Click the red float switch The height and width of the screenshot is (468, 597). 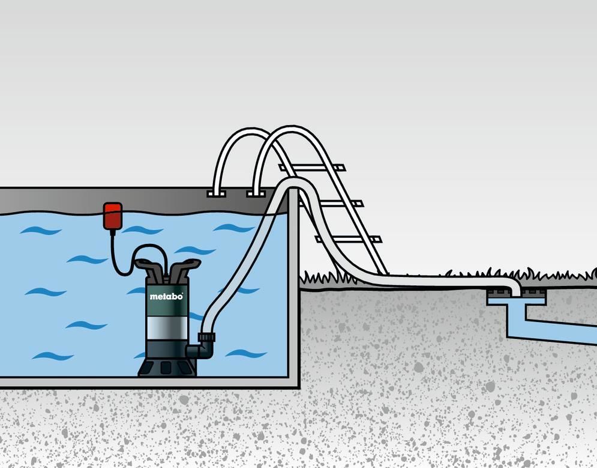tap(113, 216)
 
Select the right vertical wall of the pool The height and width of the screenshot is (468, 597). tap(293, 288)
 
